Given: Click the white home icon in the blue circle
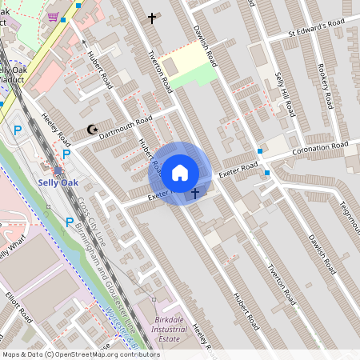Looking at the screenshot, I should [180, 172].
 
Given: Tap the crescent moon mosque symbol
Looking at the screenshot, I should [90, 130].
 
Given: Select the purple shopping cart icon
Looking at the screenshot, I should [53, 17].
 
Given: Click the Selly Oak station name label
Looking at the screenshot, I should [58, 182].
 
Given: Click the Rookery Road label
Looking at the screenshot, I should [326, 87].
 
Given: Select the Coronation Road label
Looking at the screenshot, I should [320, 149].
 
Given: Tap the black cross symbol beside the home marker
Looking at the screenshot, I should [194, 193].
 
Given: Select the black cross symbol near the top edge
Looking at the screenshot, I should [152, 18].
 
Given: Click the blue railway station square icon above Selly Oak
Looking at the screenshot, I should [56, 170].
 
